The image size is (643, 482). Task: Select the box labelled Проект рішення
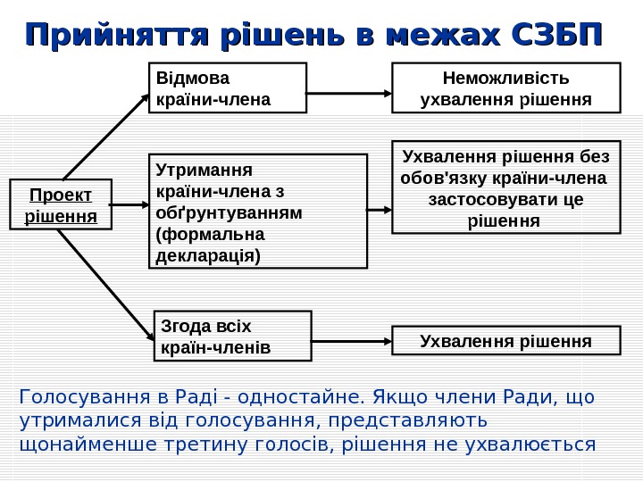coord(61,205)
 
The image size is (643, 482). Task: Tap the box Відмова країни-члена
coord(227,87)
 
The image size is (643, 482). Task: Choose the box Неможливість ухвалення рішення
coord(505,87)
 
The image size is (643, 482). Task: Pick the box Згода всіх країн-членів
coord(232,335)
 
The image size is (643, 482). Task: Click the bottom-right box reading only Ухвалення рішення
coord(505,340)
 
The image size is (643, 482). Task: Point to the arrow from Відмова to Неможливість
coord(349,87)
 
